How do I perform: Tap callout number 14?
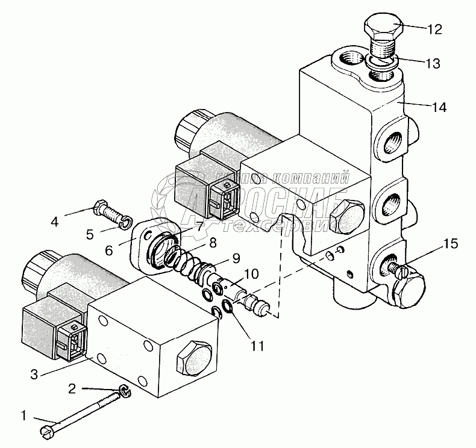pyautogui.click(x=439, y=108)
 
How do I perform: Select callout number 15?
pyautogui.click(x=451, y=244)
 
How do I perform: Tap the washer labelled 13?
pyautogui.click(x=381, y=60)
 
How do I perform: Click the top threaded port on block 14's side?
pyautogui.click(x=389, y=141)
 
